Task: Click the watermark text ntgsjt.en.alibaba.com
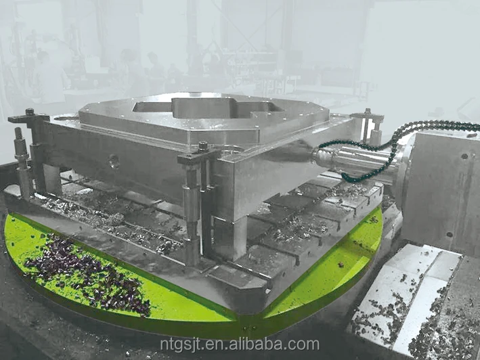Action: [239, 344]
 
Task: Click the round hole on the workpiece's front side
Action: [114, 162]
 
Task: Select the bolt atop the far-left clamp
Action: [30, 112]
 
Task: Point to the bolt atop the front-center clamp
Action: [203, 146]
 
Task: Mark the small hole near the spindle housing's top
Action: [464, 156]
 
